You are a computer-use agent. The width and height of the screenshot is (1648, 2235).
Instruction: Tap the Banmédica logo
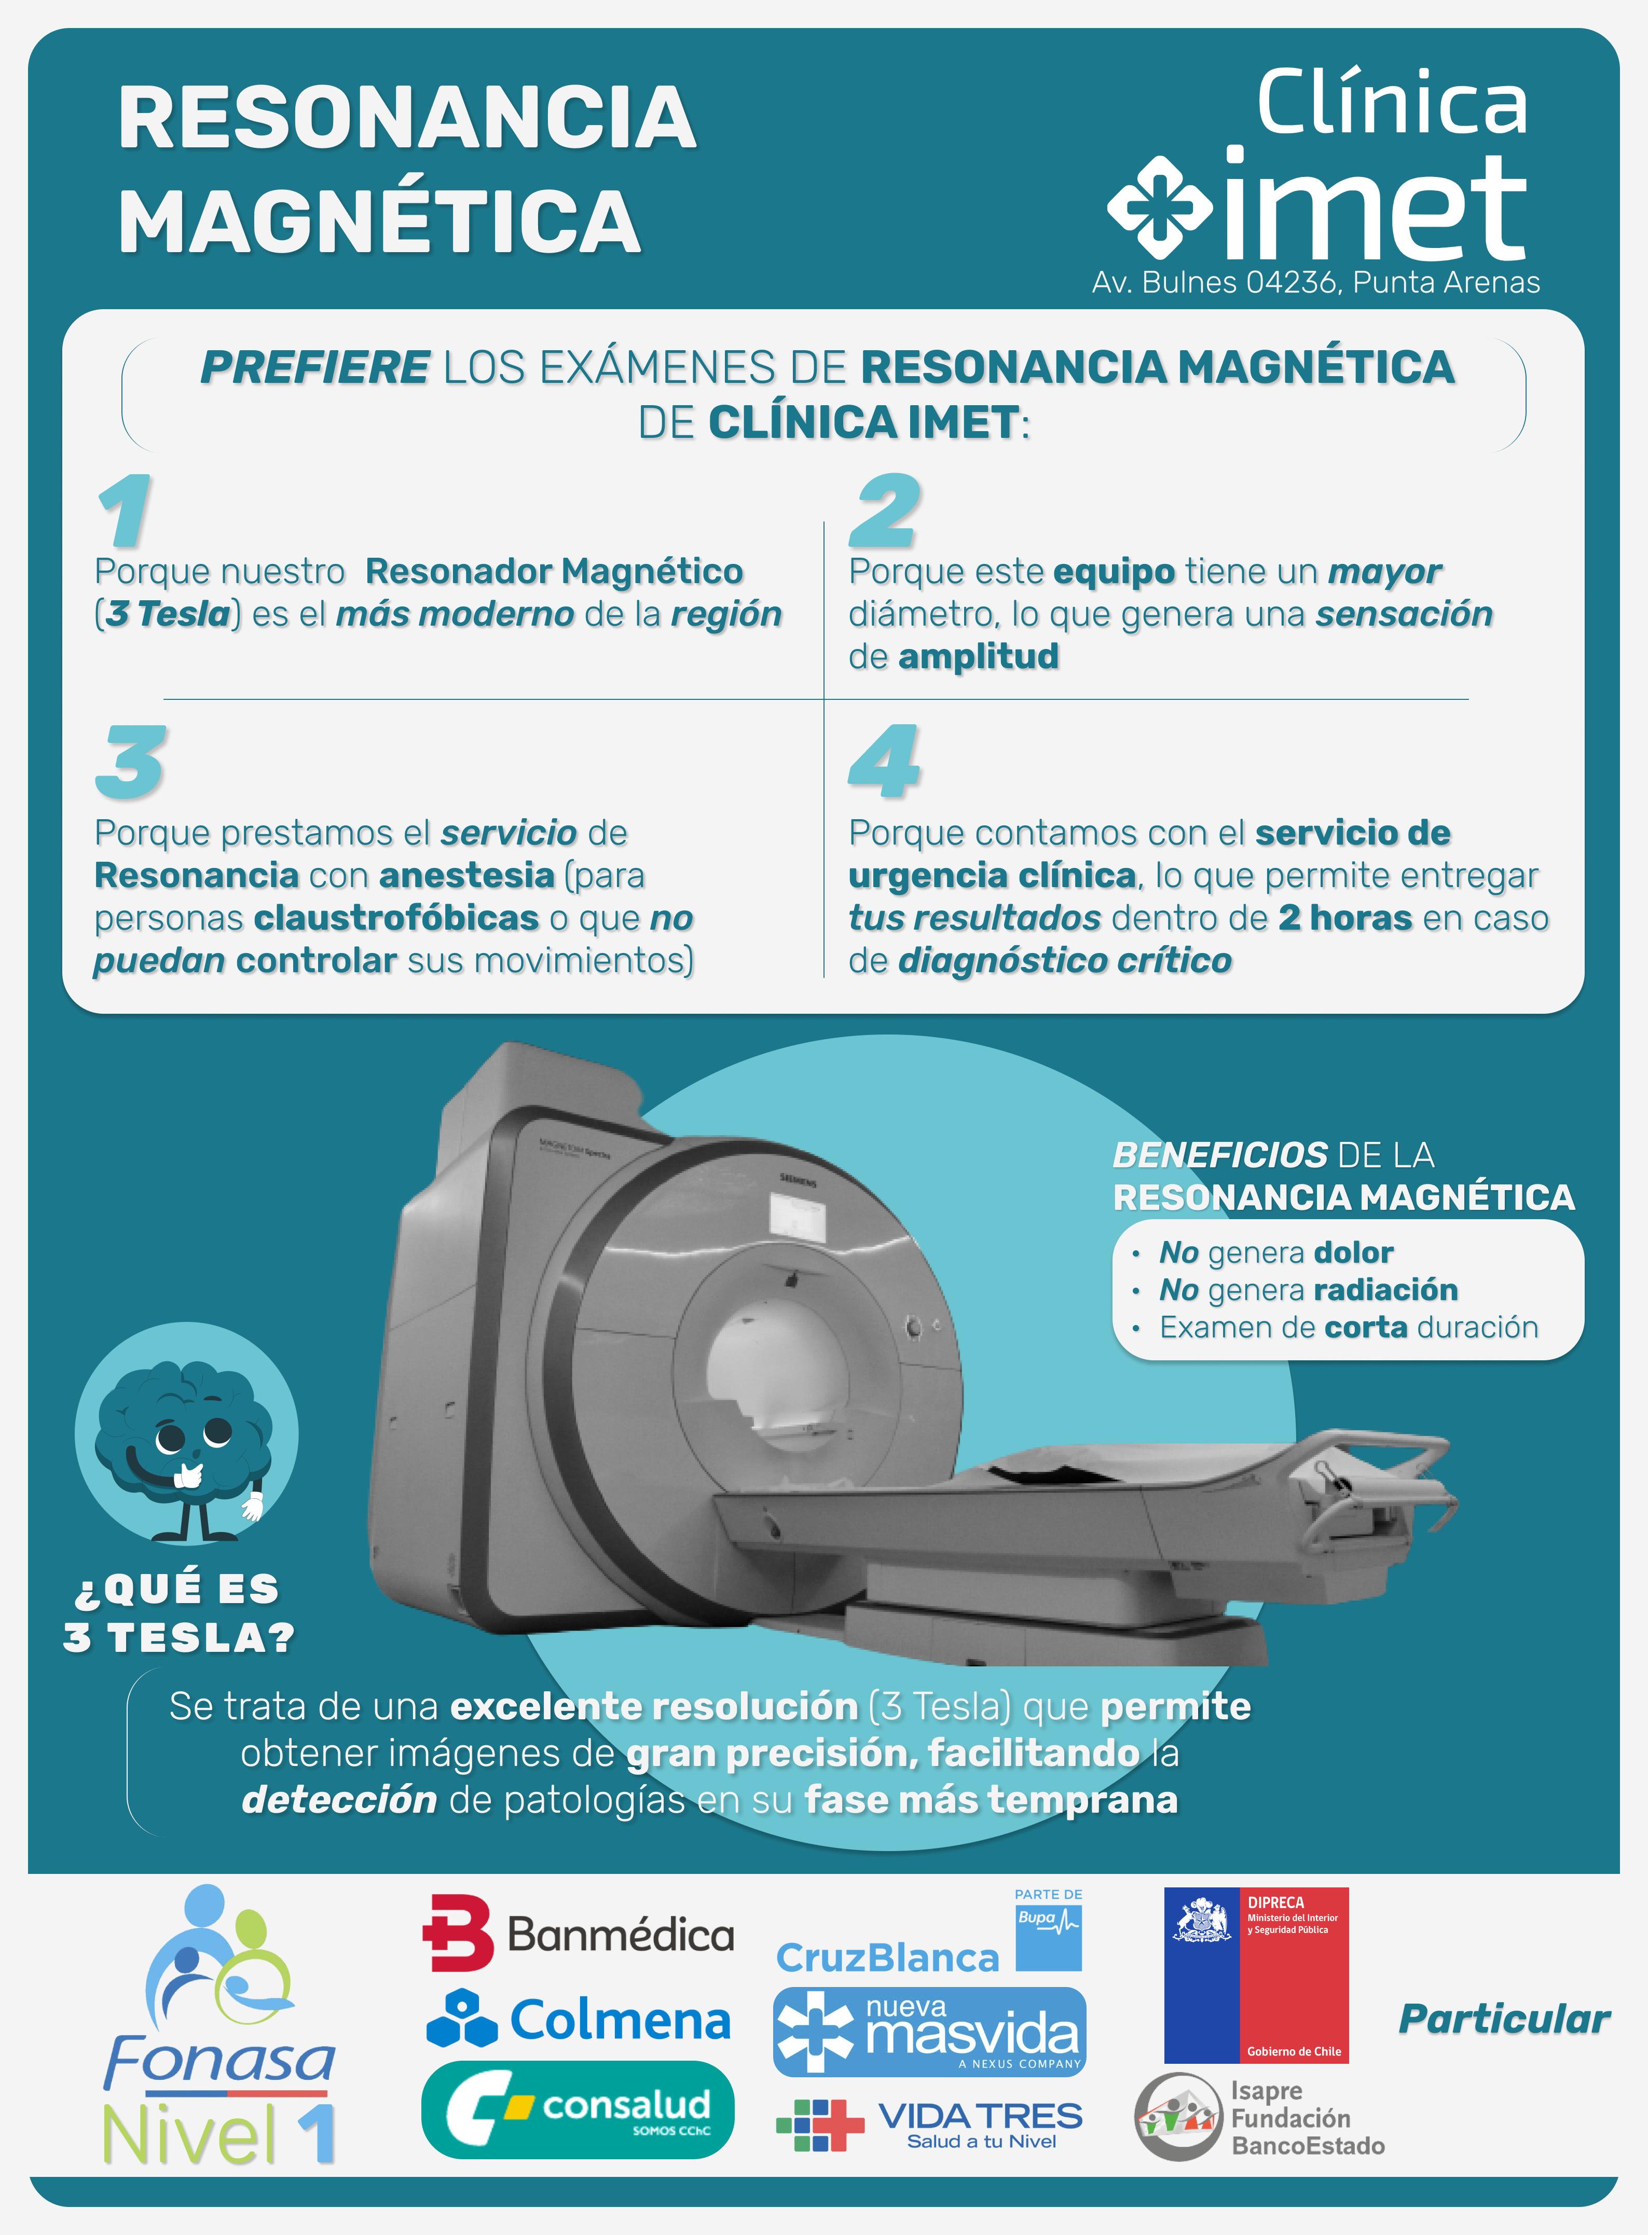[579, 1934]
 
